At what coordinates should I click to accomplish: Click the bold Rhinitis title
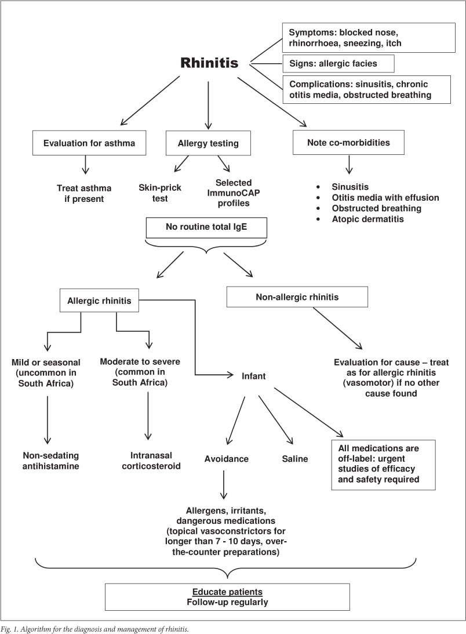[209, 63]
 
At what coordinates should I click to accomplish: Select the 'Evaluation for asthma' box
[89, 143]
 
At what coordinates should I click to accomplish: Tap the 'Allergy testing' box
[208, 143]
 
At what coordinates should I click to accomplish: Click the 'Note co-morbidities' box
[348, 142]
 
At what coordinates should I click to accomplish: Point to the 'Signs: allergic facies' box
[338, 63]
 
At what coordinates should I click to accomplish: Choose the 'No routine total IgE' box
[206, 227]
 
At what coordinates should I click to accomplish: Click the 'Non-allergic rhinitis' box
[297, 297]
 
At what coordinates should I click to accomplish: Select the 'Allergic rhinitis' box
[99, 300]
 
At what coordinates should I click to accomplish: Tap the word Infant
[253, 376]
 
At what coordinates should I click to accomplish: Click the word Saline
[294, 459]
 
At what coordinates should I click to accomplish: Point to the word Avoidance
[226, 459]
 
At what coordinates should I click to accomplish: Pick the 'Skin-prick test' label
[160, 193]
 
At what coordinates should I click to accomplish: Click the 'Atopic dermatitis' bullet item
[368, 219]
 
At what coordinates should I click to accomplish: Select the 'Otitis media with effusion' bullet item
[385, 198]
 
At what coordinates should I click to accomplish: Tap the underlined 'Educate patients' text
[227, 592]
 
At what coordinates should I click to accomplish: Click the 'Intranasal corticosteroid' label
[151, 461]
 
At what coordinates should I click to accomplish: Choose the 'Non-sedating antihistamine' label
[51, 461]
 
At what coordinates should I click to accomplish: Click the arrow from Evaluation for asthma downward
[85, 165]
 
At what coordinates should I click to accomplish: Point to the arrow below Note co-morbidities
[349, 164]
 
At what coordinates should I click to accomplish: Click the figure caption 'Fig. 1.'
[10, 629]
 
